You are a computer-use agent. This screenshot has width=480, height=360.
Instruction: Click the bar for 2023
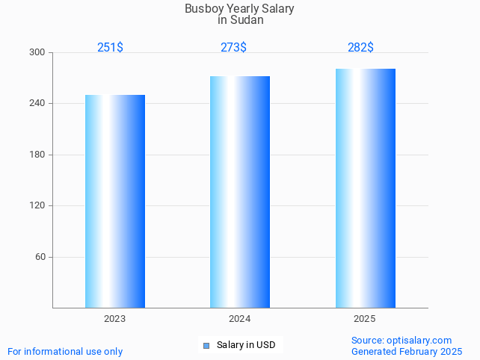[114, 201]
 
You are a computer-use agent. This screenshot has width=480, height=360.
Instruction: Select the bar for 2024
[239, 192]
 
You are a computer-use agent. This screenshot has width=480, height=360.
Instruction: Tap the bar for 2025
[365, 188]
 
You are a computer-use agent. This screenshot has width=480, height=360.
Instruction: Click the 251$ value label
[110, 48]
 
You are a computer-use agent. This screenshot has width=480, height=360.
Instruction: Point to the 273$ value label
[233, 48]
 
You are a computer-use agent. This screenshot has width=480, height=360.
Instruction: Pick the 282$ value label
[360, 48]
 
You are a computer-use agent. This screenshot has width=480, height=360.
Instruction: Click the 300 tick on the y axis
[37, 52]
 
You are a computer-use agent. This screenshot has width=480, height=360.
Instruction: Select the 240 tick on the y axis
[37, 103]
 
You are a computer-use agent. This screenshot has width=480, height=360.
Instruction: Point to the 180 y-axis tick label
[37, 155]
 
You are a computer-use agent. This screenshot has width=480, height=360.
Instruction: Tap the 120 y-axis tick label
[37, 205]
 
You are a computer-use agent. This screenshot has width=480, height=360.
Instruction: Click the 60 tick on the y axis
[40, 257]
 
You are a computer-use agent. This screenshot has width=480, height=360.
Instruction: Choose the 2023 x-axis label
[114, 319]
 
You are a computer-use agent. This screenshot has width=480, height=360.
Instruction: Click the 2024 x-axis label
[239, 319]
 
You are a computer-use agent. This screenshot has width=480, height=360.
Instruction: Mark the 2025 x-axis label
[364, 319]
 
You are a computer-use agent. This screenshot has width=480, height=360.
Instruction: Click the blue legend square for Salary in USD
[206, 345]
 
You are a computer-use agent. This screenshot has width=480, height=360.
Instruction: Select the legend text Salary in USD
[246, 345]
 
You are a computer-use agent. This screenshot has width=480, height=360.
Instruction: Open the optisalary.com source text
[422, 341]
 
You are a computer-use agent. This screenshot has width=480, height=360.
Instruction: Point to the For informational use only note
[65, 351]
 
